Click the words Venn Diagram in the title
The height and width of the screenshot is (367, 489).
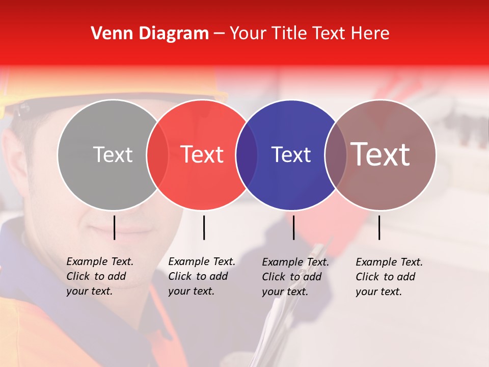[150, 34]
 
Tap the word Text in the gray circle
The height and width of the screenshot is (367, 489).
[113, 154]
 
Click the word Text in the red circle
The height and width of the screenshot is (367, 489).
[202, 154]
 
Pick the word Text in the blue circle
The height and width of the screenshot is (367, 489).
[291, 154]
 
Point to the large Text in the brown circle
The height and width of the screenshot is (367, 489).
[381, 154]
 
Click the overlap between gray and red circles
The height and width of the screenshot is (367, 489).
[157, 154]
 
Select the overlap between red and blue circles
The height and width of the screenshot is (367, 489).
[247, 154]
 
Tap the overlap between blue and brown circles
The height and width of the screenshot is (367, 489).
[336, 154]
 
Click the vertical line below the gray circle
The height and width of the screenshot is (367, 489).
[115, 227]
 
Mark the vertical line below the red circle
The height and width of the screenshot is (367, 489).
[204, 227]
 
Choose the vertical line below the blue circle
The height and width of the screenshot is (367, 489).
[293, 227]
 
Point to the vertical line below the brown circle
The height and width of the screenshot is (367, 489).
[379, 227]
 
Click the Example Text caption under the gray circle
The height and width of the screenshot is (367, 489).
[100, 276]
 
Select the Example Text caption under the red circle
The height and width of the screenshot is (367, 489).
[202, 276]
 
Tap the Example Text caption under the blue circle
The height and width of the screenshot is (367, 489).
[295, 277]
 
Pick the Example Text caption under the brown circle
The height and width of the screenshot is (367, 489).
[389, 277]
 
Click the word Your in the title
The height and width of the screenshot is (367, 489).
[249, 34]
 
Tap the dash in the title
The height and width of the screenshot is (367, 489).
[219, 34]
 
